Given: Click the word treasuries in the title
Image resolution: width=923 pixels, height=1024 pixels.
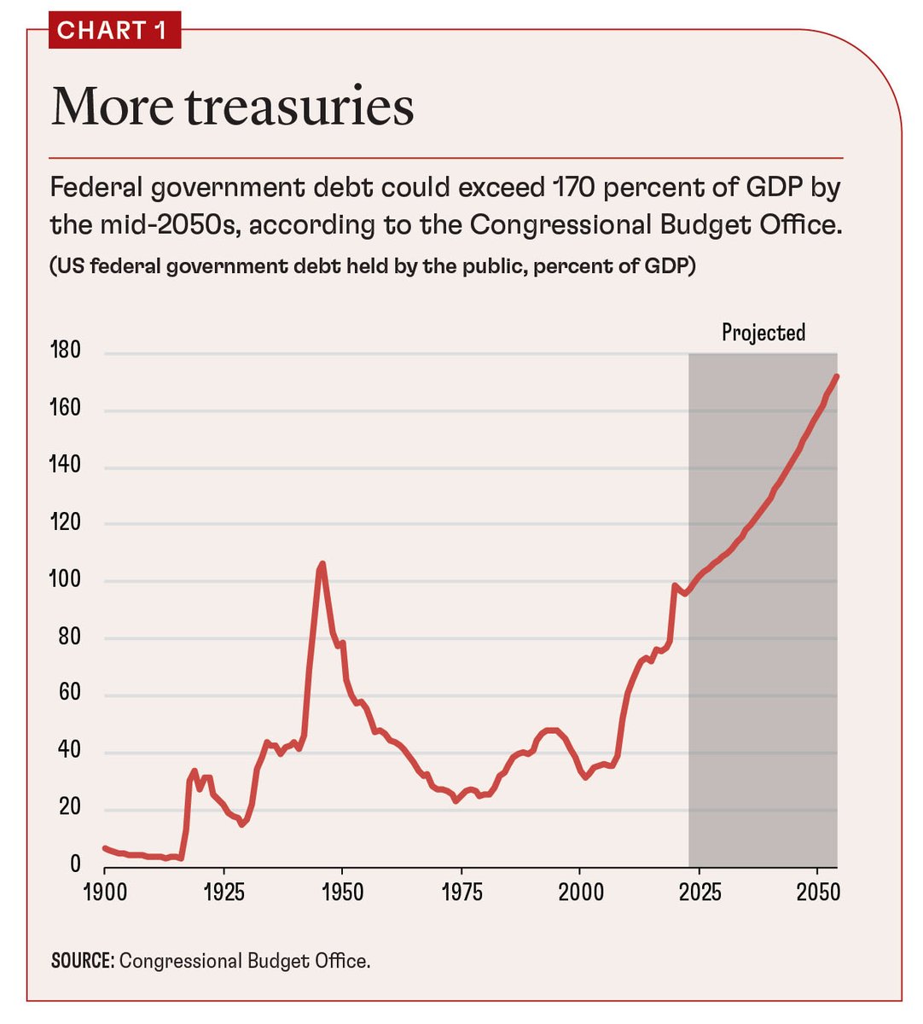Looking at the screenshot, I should coord(299,108).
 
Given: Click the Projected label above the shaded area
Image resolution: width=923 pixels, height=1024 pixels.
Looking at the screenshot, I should coord(763,332).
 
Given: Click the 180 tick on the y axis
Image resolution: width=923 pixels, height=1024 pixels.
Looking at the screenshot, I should coord(66,351).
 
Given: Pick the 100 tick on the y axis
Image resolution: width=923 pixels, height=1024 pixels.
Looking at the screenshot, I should coord(66,579).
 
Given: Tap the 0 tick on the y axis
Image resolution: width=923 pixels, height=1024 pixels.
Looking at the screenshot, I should coord(75,864).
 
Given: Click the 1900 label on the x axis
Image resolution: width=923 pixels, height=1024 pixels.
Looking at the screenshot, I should coord(104,893).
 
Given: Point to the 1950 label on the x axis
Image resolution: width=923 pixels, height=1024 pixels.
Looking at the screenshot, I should coord(342,893).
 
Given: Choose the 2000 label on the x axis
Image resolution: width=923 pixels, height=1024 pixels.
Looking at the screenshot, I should coord(580,893).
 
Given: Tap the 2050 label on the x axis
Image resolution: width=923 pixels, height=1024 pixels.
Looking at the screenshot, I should coord(817,893).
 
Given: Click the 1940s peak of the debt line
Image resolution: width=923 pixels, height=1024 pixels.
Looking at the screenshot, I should coord(322,564).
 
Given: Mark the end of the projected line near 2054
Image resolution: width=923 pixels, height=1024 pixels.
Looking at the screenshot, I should coord(836,375).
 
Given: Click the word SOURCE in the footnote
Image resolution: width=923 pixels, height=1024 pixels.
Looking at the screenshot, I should coord(82,961).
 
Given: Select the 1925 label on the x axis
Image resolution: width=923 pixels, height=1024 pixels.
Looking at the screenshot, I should coord(223,893).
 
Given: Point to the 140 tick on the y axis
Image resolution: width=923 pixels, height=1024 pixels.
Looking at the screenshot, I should coord(66,465).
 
